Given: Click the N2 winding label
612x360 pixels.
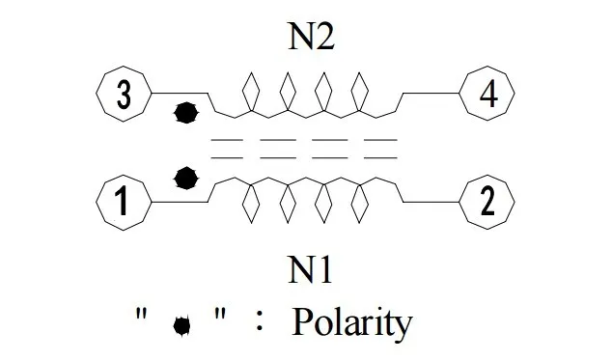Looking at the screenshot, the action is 311,37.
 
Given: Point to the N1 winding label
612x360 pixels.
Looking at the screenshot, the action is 310,269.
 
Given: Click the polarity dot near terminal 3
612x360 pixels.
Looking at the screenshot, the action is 186,113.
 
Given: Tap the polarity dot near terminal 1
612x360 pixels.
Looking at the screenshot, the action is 186,179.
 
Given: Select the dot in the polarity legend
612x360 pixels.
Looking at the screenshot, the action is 181,326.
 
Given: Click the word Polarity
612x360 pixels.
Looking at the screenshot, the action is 352,323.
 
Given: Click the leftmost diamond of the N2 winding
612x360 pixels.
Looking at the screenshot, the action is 251,93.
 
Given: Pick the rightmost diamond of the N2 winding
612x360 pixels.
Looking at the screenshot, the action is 359,93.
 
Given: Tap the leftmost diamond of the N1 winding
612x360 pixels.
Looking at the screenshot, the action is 251,203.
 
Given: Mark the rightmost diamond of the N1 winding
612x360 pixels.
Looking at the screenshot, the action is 359,203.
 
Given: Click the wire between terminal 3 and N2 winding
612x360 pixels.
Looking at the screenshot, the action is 180,94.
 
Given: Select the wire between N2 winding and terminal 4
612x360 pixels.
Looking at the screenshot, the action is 431,94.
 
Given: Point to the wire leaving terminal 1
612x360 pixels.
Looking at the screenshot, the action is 180,202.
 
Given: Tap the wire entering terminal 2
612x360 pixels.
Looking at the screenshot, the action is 431,202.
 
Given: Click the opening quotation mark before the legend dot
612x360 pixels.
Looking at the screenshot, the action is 141,313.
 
